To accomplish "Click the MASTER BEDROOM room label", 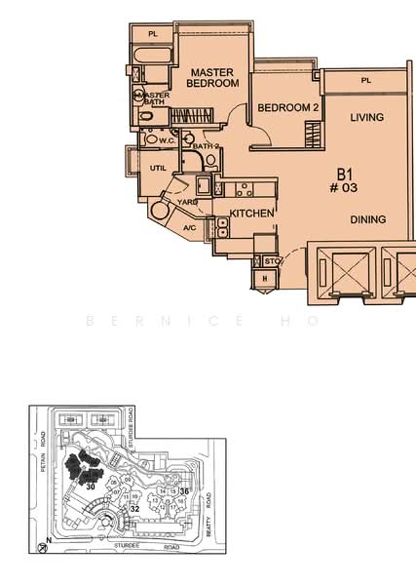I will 213,78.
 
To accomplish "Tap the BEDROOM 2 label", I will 288,107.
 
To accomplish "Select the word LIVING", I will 367,118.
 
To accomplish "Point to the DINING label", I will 368,219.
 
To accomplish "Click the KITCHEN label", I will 251,212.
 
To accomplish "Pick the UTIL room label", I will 158,169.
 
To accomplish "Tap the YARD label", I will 187,202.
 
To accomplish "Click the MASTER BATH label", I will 153,98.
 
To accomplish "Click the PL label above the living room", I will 366,81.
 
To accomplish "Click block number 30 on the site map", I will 90,485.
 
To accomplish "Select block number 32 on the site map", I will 135,508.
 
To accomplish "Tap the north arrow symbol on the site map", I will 46,539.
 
